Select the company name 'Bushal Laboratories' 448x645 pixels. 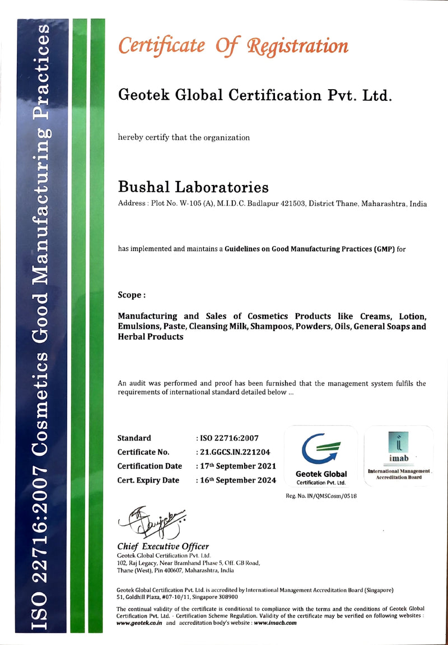click(193, 186)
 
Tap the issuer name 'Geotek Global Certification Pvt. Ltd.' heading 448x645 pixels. click(254, 95)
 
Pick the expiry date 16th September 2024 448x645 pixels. click(238, 480)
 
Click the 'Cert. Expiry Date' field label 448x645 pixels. click(148, 480)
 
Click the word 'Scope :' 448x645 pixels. click(132, 294)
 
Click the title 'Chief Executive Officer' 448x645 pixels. click(163, 546)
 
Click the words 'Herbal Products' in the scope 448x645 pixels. click(151, 337)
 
